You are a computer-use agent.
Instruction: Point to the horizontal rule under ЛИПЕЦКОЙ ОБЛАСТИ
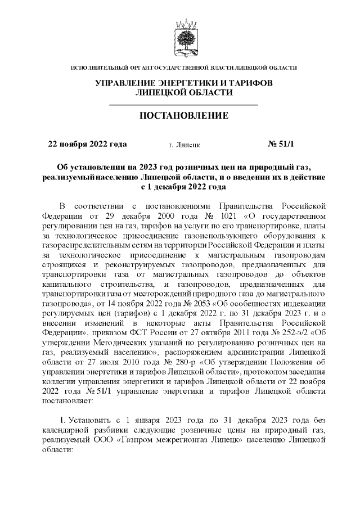(183, 105)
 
